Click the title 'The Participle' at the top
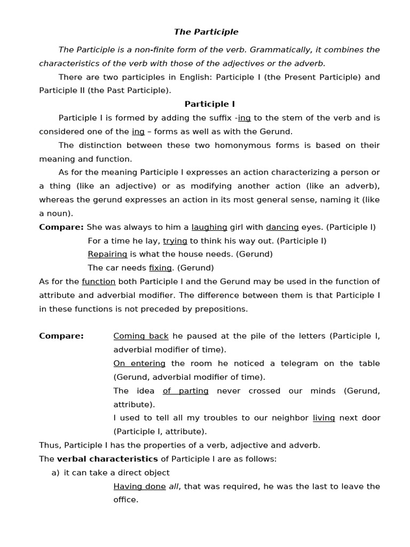[x=206, y=32]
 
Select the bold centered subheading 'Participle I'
[x=210, y=104]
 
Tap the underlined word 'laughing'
[x=209, y=227]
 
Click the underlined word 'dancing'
[x=282, y=227]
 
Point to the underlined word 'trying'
[x=175, y=241]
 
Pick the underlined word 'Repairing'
[x=107, y=254]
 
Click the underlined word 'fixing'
[x=160, y=268]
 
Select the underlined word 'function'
[x=99, y=282]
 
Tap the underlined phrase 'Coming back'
[x=141, y=336]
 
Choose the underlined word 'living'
[x=324, y=418]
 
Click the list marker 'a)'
[x=56, y=473]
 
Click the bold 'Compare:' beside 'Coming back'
[x=61, y=336]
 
